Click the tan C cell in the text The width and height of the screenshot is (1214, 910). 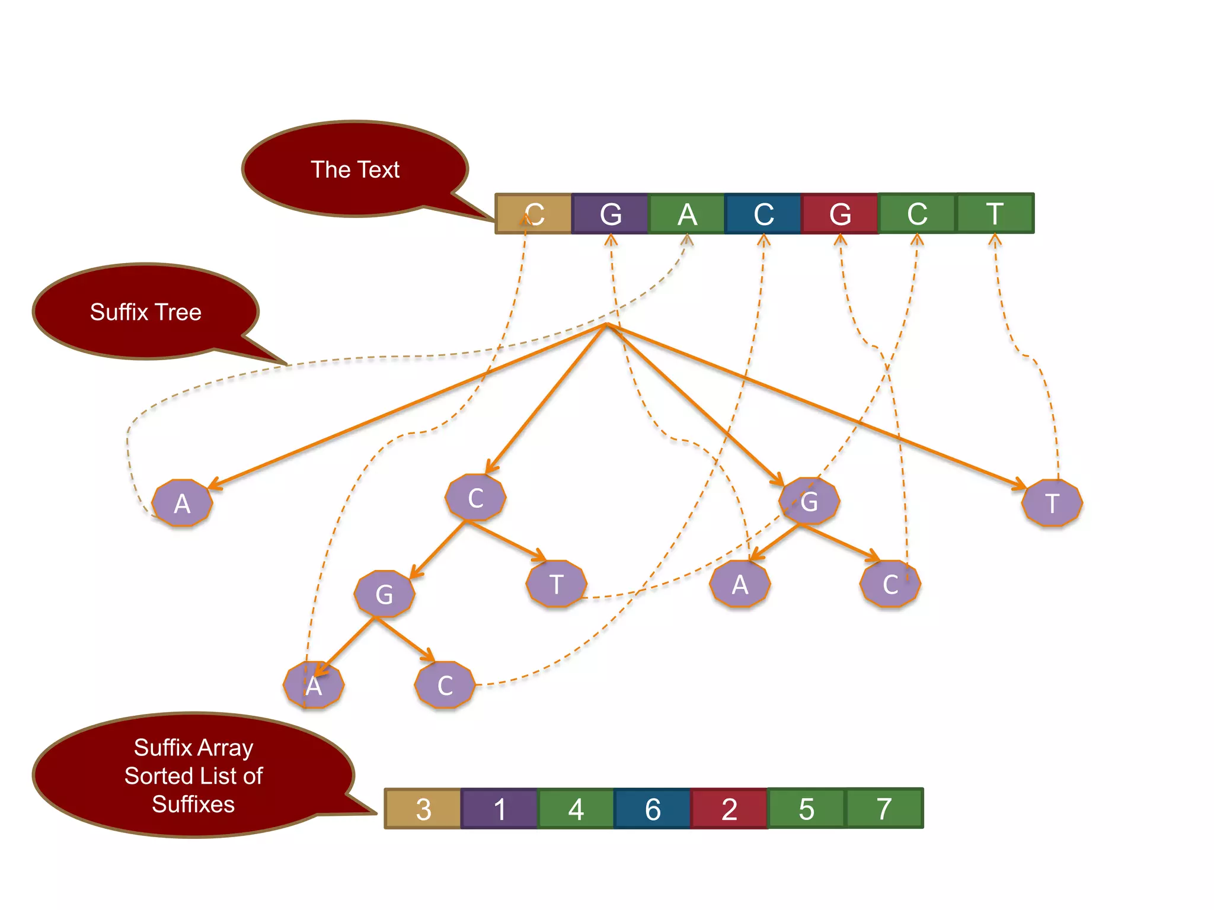[533, 214]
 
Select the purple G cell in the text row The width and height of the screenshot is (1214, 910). [610, 214]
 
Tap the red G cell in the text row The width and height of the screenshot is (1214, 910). [840, 214]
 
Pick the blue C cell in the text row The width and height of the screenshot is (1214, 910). [763, 214]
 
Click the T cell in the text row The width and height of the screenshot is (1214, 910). [995, 213]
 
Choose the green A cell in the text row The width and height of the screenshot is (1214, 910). [687, 214]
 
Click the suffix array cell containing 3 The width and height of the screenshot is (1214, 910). [423, 809]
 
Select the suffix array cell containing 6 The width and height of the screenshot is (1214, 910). [653, 809]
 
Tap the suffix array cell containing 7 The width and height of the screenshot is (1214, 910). [884, 808]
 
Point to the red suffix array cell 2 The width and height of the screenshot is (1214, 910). [729, 809]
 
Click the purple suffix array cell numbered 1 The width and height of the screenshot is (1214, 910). [500, 809]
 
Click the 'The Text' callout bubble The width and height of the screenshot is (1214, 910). [355, 169]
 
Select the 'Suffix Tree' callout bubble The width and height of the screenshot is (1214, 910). [146, 312]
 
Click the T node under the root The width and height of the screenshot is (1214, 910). [1052, 504]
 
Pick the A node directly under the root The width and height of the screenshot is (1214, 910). [182, 504]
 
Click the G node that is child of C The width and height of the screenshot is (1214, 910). [384, 594]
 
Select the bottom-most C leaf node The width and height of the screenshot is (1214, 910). [445, 685]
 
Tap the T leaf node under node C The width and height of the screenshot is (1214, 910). [556, 584]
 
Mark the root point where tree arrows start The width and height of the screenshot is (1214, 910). [606, 324]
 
